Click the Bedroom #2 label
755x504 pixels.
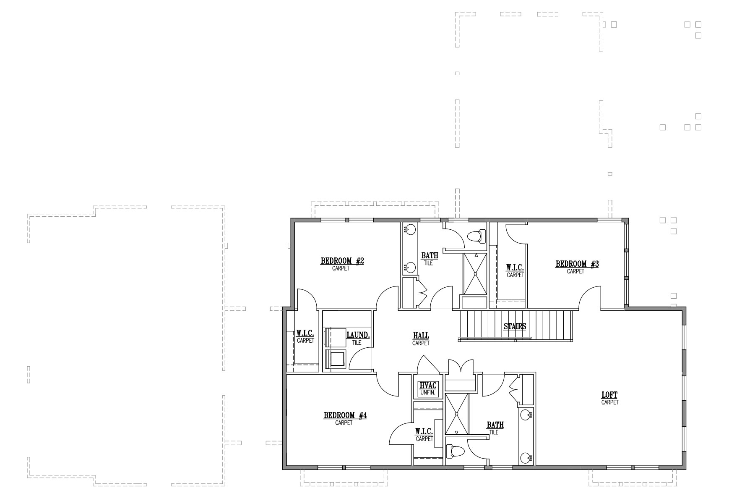[342, 261]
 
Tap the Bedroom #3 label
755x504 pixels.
[577, 264]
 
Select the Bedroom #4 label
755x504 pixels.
[345, 416]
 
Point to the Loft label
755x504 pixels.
[609, 395]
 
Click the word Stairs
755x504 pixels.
[515, 326]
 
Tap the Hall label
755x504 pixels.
[421, 336]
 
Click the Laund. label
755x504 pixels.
[358, 335]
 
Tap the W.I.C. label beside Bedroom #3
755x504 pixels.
[515, 268]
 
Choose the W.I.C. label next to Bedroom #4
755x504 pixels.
[424, 431]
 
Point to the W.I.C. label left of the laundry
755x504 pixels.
[305, 333]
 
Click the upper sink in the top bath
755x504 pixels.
[410, 230]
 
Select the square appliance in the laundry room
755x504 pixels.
[337, 360]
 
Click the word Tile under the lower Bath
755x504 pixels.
[494, 433]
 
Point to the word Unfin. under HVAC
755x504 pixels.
[428, 393]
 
